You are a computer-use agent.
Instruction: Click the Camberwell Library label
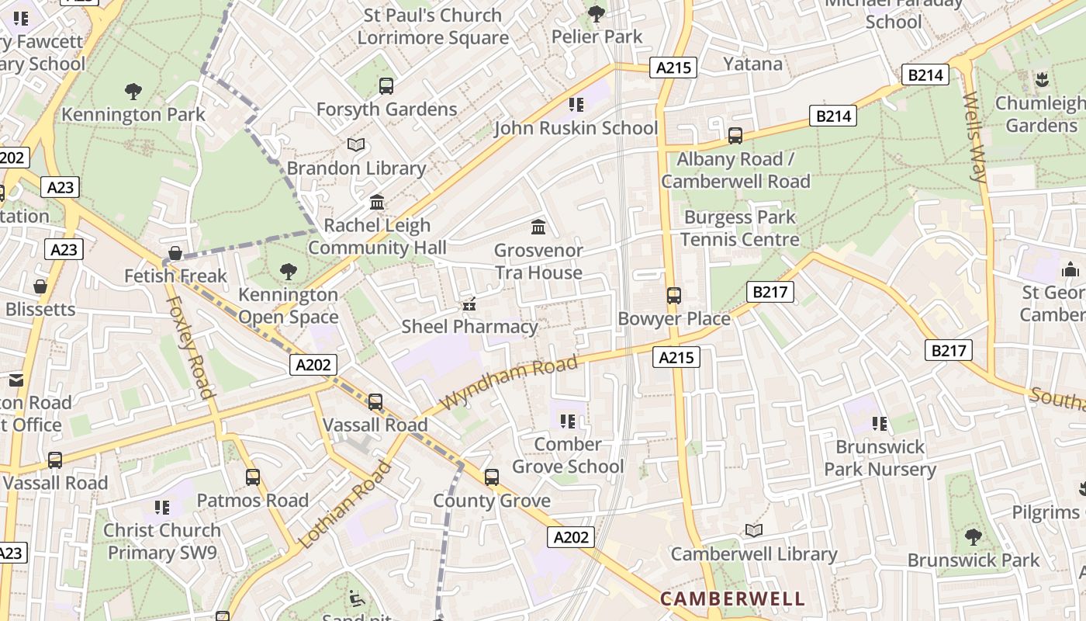click(x=753, y=554)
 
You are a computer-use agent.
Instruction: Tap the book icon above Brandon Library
click(x=356, y=145)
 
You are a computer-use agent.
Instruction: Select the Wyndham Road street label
click(x=510, y=383)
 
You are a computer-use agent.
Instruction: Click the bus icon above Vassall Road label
click(x=375, y=402)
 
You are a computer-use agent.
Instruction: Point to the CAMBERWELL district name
click(x=732, y=598)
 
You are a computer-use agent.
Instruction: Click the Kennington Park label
click(x=133, y=115)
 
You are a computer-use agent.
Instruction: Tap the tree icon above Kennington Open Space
click(x=289, y=272)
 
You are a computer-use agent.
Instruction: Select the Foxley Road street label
click(x=189, y=346)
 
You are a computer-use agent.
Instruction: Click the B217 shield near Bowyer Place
click(x=770, y=292)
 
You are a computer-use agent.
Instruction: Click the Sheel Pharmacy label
click(x=469, y=327)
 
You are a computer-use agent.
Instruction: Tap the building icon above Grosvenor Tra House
click(x=538, y=227)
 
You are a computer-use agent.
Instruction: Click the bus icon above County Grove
click(x=492, y=477)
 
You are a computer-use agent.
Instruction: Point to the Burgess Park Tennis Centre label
click(x=739, y=228)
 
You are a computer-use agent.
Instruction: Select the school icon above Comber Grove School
click(x=568, y=422)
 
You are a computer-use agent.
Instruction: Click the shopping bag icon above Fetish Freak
click(x=176, y=253)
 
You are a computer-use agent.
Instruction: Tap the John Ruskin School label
click(x=576, y=128)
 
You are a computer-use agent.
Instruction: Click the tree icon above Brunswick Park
click(x=973, y=536)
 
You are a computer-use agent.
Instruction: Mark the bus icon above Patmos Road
click(x=253, y=477)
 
